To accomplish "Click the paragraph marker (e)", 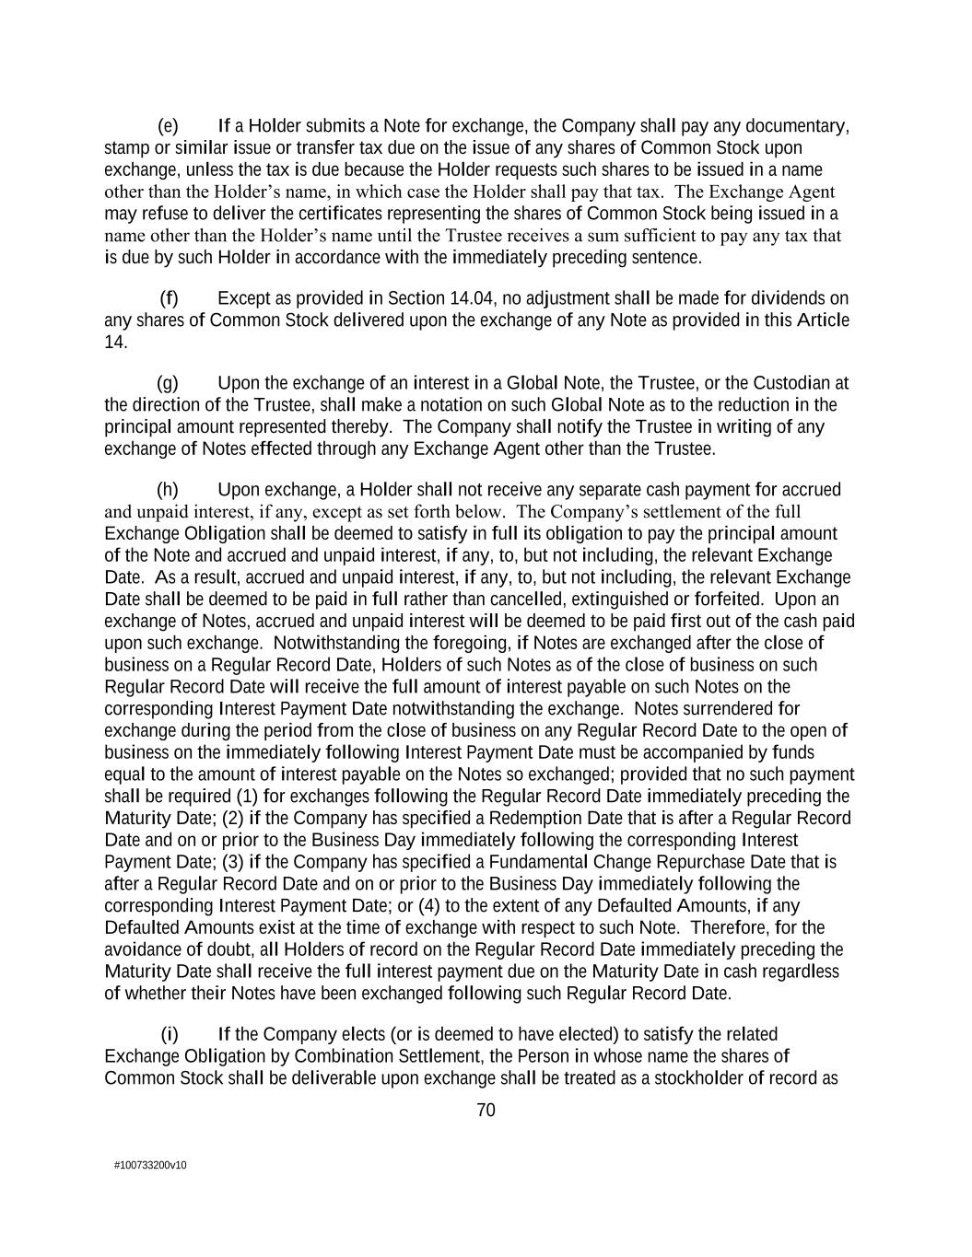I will tap(168, 126).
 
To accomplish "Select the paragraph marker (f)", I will tap(169, 298).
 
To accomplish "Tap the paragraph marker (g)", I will tap(168, 383).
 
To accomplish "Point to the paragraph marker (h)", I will tap(168, 490).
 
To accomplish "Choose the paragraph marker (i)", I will tap(170, 1034).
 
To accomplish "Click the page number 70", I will tap(486, 1111).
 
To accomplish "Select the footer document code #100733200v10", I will tap(150, 1166).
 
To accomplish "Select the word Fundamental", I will tap(601, 862).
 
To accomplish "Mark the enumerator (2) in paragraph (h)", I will tap(234, 819).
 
